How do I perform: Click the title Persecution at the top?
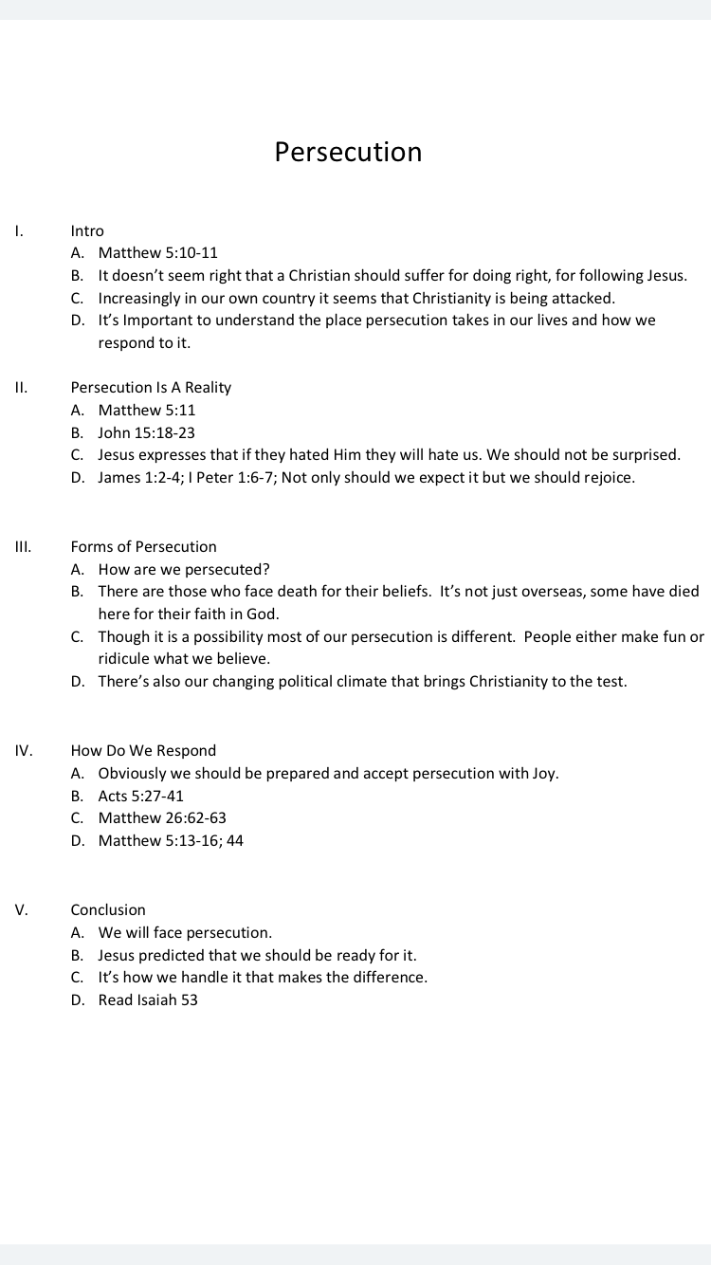pos(348,152)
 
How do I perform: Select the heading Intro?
pos(87,230)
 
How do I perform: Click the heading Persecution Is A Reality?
pos(151,387)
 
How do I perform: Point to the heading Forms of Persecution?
pos(143,546)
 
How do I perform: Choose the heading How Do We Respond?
pos(143,750)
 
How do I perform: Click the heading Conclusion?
pos(108,909)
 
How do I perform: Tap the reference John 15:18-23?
pos(146,432)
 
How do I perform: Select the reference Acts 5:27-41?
pos(141,796)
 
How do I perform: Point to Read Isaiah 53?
pos(148,999)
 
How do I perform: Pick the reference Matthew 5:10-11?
pos(157,252)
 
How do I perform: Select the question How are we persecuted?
pos(184,569)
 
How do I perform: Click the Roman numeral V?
pos(21,909)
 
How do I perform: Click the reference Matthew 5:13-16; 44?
pos(171,840)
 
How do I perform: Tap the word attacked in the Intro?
pos(582,298)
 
